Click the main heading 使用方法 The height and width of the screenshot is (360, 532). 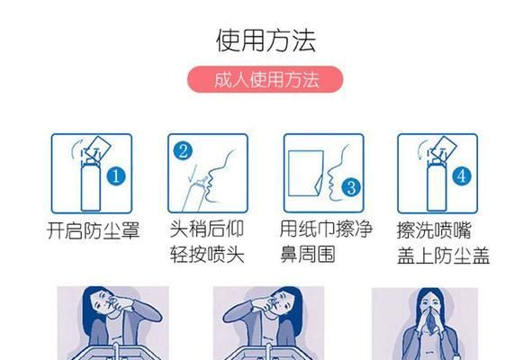point(266,40)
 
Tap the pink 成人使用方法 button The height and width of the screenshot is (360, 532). point(265,79)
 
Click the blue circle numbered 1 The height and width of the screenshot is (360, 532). point(116,176)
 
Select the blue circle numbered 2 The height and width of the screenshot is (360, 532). point(183,151)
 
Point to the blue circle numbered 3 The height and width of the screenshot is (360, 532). point(351,188)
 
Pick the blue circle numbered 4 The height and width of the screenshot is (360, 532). point(462,176)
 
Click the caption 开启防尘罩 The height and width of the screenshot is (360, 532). point(94,230)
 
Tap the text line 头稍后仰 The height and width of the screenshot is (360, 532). point(207,229)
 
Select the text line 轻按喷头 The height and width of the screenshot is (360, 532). point(207,254)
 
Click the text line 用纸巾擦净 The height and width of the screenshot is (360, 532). point(326,229)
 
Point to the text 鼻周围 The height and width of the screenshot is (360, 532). point(307,254)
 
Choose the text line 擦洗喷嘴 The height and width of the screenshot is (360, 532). point(434,230)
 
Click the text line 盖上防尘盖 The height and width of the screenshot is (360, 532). point(444,256)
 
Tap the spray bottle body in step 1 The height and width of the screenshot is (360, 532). point(91,186)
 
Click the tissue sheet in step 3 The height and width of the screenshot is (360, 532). point(306,174)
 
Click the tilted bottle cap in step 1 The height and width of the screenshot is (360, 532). point(98,148)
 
